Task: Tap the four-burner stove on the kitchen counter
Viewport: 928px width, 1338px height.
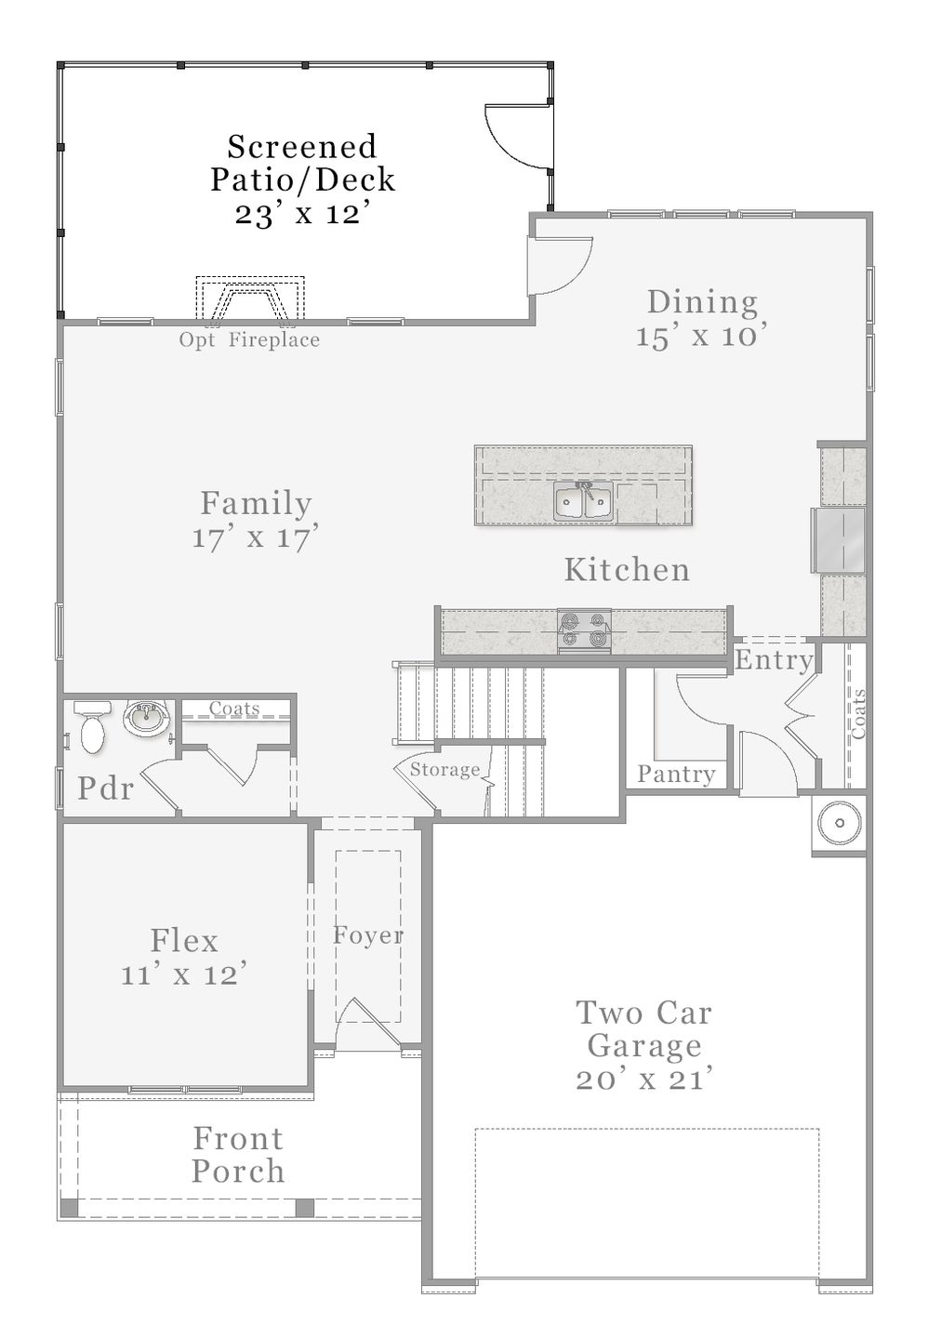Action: [583, 631]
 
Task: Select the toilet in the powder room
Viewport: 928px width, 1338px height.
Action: [93, 726]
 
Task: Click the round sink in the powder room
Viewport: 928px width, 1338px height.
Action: [146, 718]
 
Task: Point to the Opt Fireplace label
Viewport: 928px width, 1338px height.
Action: [249, 340]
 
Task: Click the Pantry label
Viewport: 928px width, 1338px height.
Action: [676, 775]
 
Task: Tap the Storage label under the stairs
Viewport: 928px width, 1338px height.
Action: [444, 769]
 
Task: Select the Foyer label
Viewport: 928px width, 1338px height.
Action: [368, 935]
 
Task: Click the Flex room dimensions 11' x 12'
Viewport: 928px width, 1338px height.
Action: [184, 974]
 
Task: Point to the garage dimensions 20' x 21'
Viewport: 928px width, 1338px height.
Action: [644, 1079]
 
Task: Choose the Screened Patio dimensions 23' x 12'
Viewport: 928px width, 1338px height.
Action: [304, 213]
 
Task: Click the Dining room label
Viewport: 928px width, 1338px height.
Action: [702, 302]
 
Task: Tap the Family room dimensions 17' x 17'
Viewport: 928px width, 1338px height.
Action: [255, 537]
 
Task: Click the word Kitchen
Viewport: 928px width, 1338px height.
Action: [627, 569]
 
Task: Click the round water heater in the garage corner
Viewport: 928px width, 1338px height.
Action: [840, 824]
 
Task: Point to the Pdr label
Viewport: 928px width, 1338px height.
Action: [105, 788]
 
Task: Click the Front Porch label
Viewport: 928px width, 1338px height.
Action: [238, 1155]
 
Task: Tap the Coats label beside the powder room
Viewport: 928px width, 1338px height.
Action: [234, 708]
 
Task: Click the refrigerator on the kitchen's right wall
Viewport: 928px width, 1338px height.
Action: [839, 540]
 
